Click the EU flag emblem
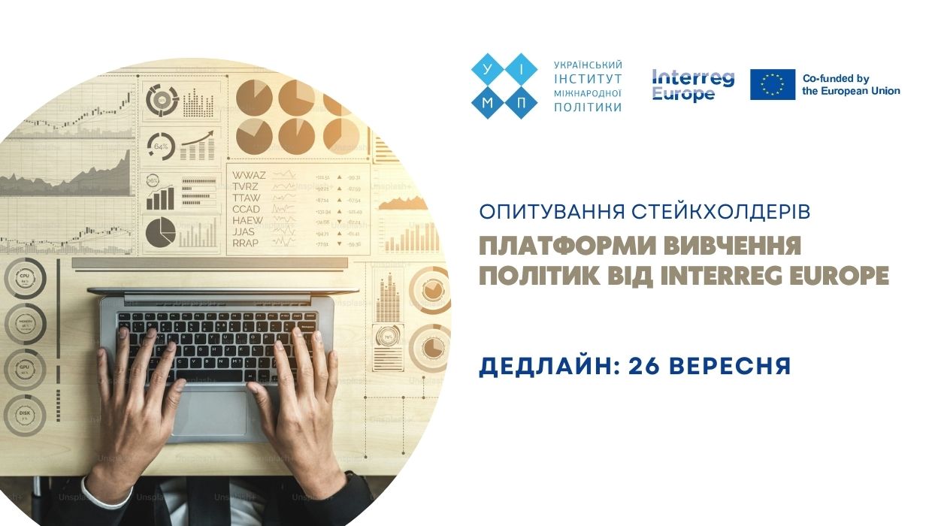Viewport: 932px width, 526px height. [772, 84]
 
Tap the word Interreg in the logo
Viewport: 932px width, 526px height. [693, 77]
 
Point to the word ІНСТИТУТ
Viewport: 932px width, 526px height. [588, 79]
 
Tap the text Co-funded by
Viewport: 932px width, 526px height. [836, 78]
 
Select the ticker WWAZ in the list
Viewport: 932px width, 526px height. [249, 175]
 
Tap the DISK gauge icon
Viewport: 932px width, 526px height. [24, 415]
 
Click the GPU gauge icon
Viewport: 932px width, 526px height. [24, 370]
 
